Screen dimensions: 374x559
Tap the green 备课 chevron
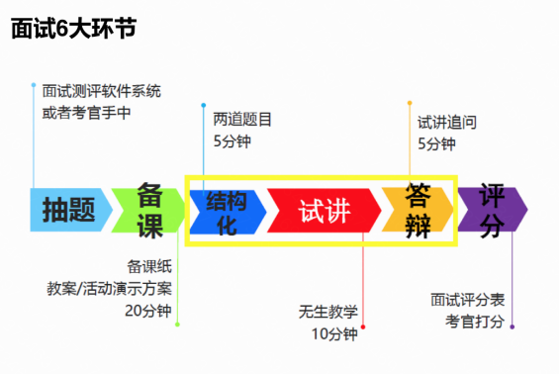(148, 210)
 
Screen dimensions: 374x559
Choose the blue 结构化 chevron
(227, 210)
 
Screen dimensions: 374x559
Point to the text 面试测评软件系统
(102, 91)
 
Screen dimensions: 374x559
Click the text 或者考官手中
(86, 113)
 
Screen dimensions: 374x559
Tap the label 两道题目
(242, 120)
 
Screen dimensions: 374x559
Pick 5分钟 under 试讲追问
(436, 144)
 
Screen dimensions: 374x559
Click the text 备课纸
(149, 266)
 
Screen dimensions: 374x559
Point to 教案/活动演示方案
(110, 288)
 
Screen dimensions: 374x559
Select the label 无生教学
(327, 311)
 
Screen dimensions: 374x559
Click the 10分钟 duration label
(334, 332)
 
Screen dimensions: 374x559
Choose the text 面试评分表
(468, 299)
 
